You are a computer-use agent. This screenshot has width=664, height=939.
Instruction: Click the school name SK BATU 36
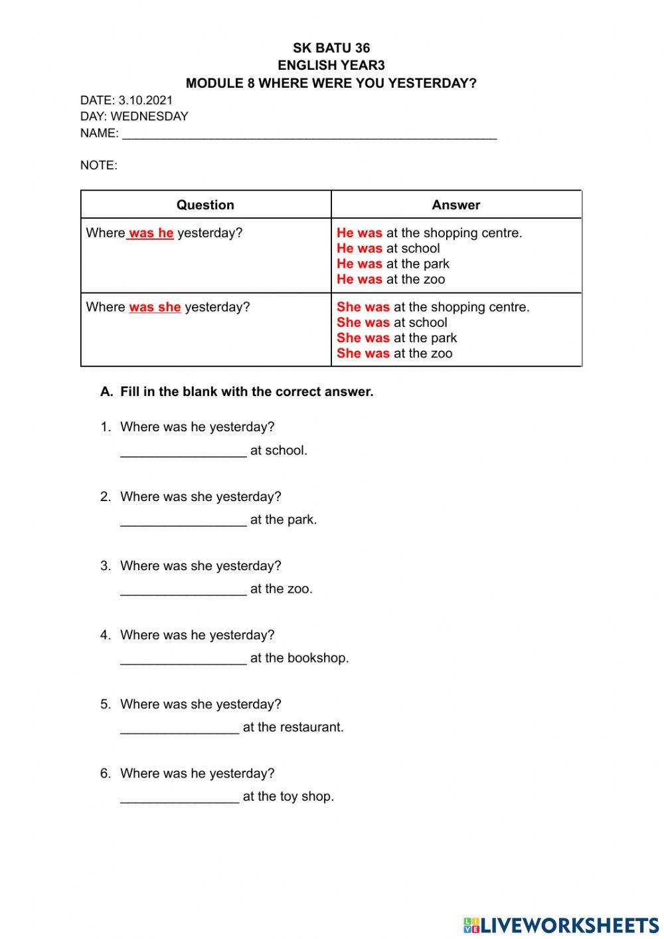[x=331, y=48]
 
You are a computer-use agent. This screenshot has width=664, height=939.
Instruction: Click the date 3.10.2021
[x=145, y=100]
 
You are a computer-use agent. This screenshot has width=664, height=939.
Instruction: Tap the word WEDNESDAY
[x=149, y=116]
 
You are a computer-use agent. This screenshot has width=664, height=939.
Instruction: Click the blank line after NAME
[x=309, y=135]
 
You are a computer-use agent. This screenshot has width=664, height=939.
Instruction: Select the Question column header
[x=205, y=205]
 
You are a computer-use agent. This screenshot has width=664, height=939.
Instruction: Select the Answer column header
[x=456, y=205]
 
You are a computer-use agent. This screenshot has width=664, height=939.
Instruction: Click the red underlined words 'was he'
[x=151, y=233]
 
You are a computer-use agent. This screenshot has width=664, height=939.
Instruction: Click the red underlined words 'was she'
[x=155, y=307]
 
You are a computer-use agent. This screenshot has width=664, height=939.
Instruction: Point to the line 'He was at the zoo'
[x=390, y=280]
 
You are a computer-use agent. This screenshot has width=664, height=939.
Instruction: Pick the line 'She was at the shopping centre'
[x=433, y=307]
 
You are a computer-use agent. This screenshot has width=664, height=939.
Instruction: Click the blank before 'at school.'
[x=183, y=451]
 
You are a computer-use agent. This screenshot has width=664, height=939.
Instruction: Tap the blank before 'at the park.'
[x=183, y=520]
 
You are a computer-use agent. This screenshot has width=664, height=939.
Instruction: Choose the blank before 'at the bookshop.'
[x=183, y=659]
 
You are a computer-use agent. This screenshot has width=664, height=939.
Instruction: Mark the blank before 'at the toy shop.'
[x=179, y=797]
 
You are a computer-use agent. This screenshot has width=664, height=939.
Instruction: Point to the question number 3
[x=105, y=566]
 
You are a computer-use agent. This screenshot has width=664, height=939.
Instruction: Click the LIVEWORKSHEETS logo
[x=561, y=924]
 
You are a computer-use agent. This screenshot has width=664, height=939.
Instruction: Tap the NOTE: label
[x=99, y=165]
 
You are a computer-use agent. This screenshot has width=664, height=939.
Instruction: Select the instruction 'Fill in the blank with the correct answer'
[x=246, y=392]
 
